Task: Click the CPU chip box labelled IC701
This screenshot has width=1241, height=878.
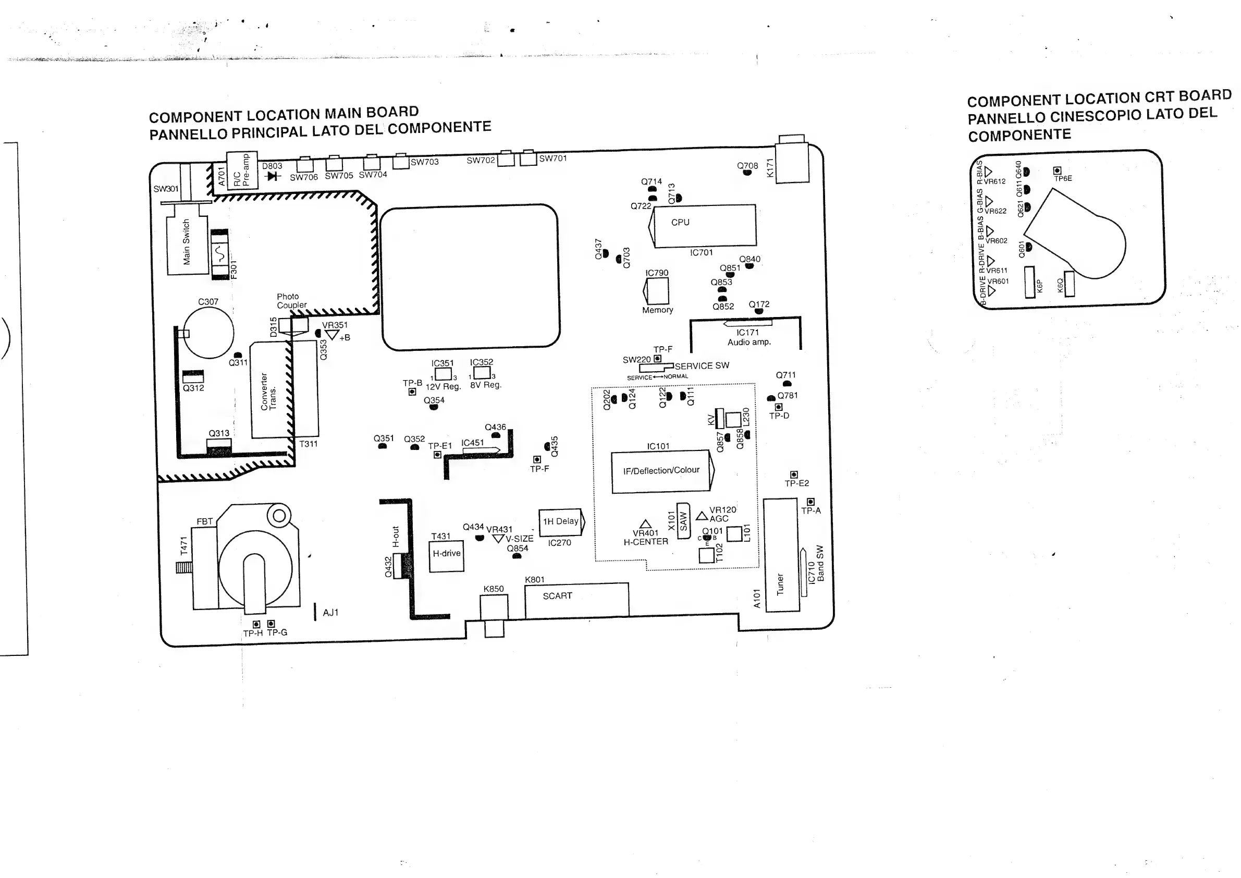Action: (704, 225)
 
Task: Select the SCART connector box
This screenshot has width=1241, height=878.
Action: (576, 600)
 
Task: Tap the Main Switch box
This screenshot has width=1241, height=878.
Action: (187, 245)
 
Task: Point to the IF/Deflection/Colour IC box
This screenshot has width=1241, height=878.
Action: (661, 471)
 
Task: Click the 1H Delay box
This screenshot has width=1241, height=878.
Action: (560, 522)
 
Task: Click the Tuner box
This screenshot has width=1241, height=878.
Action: (781, 556)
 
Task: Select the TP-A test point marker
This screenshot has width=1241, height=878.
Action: (810, 502)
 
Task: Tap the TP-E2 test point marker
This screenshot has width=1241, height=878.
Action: (793, 474)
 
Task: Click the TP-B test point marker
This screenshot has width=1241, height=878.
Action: (412, 392)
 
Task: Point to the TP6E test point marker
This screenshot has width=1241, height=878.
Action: (1057, 171)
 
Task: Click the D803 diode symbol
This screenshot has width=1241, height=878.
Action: (273, 176)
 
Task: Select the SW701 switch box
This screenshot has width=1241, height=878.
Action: (528, 160)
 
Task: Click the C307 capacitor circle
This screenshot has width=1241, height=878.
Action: (209, 333)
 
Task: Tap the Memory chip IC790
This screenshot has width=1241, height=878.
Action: (657, 291)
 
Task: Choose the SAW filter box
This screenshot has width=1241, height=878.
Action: (684, 521)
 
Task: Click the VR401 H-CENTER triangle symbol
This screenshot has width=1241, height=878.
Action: (645, 524)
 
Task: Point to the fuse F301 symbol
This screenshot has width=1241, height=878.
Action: (219, 254)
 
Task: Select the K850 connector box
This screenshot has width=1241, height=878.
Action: (494, 607)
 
